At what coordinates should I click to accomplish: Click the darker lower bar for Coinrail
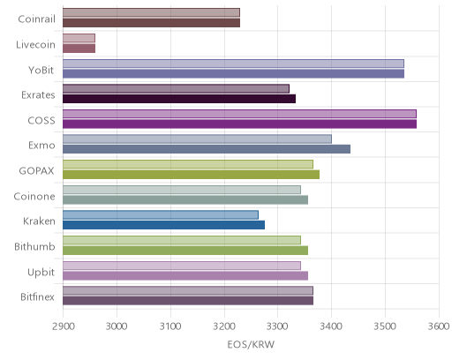tap(151, 23)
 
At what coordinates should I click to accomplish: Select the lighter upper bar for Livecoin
tap(79, 38)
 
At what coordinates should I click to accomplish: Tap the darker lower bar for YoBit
tap(233, 74)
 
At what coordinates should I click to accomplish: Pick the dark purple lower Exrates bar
tap(179, 99)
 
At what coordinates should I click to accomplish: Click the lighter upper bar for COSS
tap(239, 114)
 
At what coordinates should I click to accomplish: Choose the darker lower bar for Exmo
tap(207, 149)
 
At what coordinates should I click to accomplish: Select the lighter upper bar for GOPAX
tap(188, 164)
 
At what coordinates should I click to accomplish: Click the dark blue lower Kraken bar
tap(163, 225)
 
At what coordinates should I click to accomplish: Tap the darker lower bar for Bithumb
tap(185, 251)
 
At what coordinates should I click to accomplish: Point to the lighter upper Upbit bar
tap(182, 266)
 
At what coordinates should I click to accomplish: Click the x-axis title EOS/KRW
tap(251, 344)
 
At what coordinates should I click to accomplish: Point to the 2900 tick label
tap(63, 326)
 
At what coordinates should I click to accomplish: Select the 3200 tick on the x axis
tap(224, 326)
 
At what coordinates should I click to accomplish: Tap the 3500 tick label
tap(385, 326)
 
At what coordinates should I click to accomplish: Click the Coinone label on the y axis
tap(34, 196)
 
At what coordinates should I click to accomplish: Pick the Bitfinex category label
tap(37, 296)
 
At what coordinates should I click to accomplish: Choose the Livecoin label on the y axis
tap(35, 44)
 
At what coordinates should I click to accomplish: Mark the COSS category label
tap(41, 121)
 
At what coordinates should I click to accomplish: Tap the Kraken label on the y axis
tap(39, 221)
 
